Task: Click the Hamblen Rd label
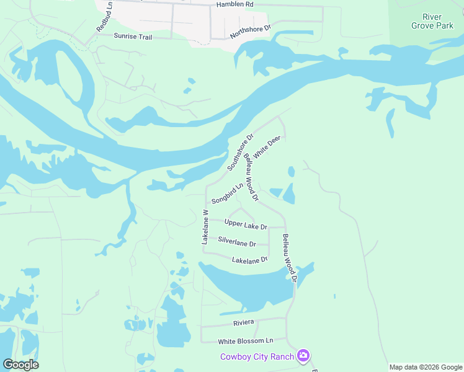(235, 4)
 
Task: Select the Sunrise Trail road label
(133, 37)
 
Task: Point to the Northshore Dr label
(251, 32)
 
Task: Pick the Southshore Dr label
(241, 153)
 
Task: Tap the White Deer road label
(267, 146)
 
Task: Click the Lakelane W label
(205, 226)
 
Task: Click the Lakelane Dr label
(249, 260)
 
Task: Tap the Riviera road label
(244, 323)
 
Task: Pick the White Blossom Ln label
(245, 341)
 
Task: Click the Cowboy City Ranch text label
(257, 356)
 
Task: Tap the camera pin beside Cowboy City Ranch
(303, 355)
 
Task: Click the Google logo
(20, 365)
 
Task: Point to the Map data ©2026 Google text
(426, 367)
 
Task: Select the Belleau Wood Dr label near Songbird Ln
(250, 177)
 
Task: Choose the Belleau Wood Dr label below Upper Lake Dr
(290, 258)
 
